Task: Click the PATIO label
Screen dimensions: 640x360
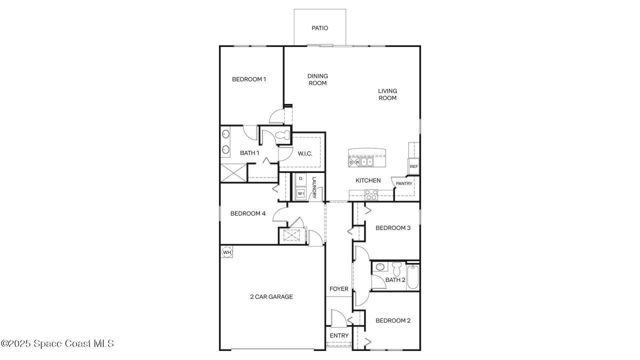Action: pos(319,28)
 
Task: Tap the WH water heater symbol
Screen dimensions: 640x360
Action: pos(227,252)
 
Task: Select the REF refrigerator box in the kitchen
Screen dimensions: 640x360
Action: pos(413,166)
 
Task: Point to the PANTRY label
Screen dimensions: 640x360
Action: pos(404,183)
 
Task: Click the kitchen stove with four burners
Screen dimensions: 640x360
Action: pos(371,195)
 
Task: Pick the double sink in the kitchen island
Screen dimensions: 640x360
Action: pos(366,162)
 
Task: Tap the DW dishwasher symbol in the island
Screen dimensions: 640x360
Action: pos(354,162)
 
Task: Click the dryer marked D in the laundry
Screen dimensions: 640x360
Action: pos(300,179)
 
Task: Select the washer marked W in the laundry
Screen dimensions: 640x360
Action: pos(300,193)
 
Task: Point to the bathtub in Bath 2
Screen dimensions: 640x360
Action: pos(412,277)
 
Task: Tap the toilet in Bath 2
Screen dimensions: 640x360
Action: pos(396,269)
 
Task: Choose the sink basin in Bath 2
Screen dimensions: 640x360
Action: pos(380,267)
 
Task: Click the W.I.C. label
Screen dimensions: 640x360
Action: pos(305,153)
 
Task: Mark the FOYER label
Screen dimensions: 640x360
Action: pos(339,289)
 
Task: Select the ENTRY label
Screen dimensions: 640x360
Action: pos(339,335)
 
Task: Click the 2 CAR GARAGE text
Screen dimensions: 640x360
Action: pos(271,297)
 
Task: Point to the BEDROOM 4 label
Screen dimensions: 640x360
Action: pos(248,213)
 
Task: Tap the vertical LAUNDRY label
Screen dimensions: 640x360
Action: pos(314,187)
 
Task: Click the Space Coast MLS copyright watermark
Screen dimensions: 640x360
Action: pos(57,343)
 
